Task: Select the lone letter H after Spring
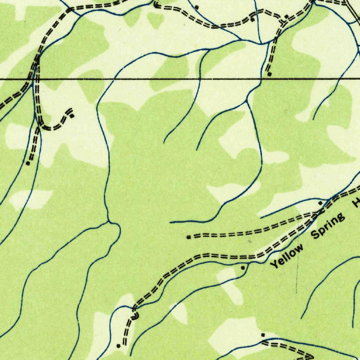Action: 356,203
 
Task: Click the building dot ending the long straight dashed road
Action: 189,237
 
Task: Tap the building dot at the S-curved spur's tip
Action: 72,116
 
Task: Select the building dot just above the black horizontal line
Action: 270,74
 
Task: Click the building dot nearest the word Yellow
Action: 243,268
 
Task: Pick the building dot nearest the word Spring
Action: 320,203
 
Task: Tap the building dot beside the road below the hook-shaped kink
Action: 118,346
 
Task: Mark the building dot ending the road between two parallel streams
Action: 28,163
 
